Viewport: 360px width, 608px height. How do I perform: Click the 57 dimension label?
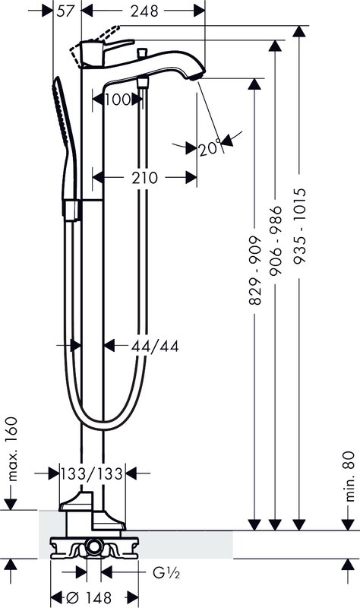point(65,11)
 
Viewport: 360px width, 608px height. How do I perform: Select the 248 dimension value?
point(144,11)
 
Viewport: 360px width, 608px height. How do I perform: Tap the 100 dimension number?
point(118,100)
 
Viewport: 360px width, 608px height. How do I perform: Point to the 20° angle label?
point(210,148)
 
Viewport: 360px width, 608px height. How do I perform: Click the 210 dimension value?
point(144,178)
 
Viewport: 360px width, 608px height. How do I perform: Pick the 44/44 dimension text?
point(155,346)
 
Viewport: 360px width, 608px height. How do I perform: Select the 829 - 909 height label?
point(255,271)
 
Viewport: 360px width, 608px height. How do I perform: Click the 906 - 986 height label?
point(276,241)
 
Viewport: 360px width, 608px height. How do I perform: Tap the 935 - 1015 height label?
point(299,226)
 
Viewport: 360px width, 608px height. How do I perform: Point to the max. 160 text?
point(13,449)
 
